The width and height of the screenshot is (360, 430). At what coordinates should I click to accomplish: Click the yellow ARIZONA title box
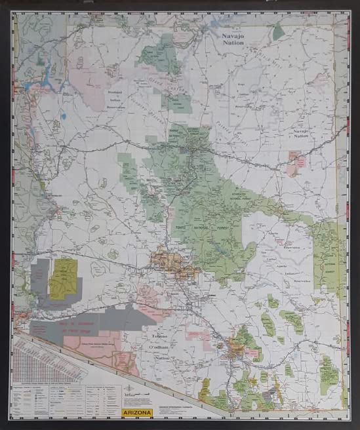click(x=137, y=413)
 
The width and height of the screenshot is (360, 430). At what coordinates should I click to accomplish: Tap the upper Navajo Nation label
click(x=231, y=39)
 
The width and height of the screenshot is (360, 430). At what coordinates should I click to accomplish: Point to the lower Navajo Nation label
click(x=300, y=132)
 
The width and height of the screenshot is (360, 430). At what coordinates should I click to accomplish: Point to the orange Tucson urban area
click(x=235, y=351)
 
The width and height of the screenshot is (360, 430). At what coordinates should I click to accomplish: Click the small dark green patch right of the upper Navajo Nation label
click(x=279, y=31)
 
